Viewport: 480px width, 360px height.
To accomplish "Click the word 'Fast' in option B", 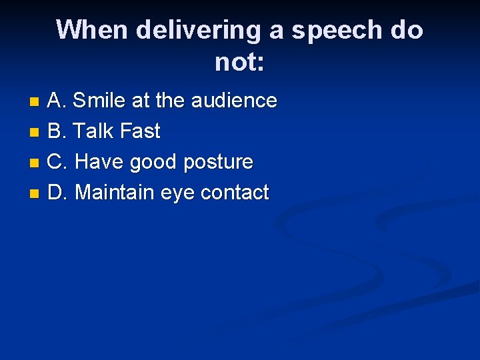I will click(139, 131).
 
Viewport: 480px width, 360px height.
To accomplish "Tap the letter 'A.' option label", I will click(57, 101).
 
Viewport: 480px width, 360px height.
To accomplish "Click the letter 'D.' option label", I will click(58, 193).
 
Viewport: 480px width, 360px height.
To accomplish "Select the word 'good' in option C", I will click(153, 163).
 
